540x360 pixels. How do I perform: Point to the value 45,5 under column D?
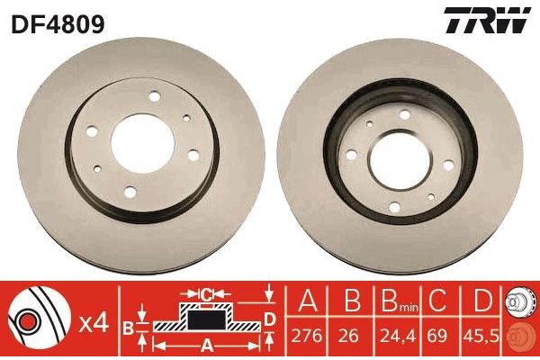tap(483, 334)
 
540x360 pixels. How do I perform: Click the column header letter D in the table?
tap(483, 301)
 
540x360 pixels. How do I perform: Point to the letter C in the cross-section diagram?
tap(204, 293)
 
